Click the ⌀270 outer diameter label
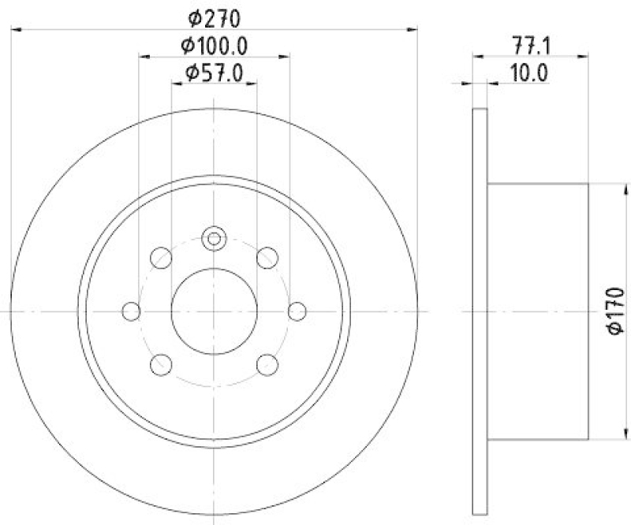[x=214, y=15]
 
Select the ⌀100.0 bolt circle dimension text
[x=214, y=45]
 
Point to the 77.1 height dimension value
[x=530, y=45]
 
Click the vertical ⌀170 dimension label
[x=616, y=312]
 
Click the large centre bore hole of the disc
[x=214, y=311]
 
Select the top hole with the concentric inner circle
[x=214, y=238]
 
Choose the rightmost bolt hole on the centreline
[x=297, y=311]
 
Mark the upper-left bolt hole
[x=161, y=258]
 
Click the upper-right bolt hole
[x=268, y=258]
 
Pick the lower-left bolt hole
[x=161, y=364]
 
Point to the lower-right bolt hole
[x=268, y=364]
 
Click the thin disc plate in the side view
[x=480, y=311]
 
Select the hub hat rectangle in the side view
[x=538, y=311]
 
